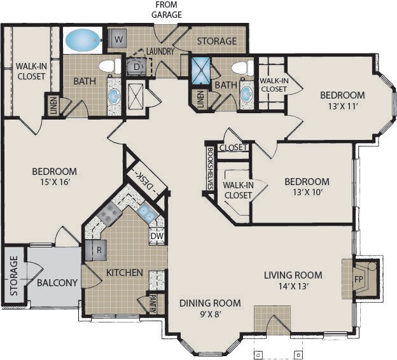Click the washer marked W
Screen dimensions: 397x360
coord(118,39)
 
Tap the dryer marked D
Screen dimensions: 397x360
coord(136,67)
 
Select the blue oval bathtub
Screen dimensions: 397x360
coord(83,39)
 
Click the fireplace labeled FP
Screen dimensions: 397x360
coord(365,279)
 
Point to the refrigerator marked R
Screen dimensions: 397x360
coord(95,250)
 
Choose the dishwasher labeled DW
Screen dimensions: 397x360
coord(157,236)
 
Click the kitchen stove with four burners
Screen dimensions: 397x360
coord(109,215)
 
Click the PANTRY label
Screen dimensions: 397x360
coord(153,303)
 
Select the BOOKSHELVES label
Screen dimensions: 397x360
coord(210,169)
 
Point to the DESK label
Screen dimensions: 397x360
coord(145,181)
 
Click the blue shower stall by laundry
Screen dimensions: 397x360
coord(201,71)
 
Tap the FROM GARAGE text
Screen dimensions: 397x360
coord(166,10)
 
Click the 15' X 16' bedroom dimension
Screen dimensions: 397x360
coord(55,182)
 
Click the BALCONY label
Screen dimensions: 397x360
coord(57,282)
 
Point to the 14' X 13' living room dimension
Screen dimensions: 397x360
coord(293,286)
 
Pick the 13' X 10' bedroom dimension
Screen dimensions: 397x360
coord(307,193)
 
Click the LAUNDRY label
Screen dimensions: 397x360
coord(160,52)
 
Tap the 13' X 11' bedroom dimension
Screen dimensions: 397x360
coord(342,106)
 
